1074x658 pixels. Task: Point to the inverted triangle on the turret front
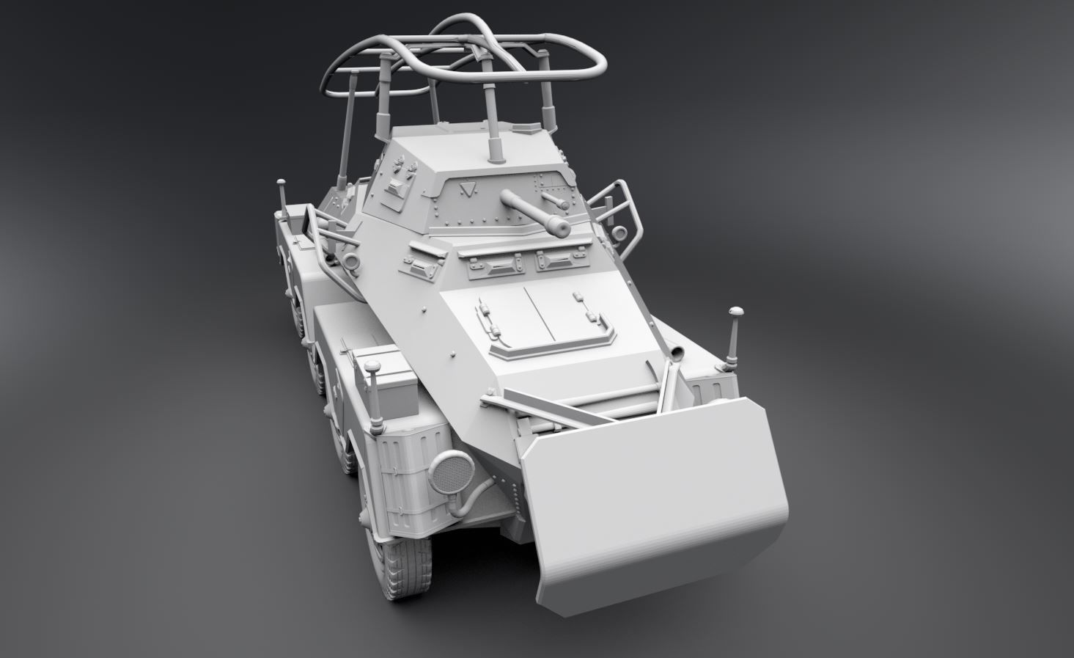pos(464,190)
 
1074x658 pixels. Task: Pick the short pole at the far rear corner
pos(281,195)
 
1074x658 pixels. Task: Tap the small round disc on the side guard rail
pos(619,234)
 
